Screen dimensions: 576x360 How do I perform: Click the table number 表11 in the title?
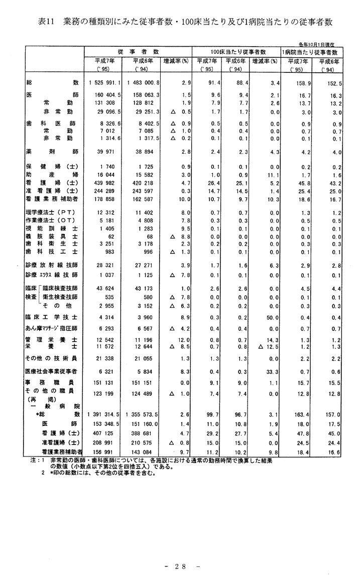pyautogui.click(x=47, y=22)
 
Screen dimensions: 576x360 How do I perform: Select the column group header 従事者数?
pyautogui.click(x=139, y=51)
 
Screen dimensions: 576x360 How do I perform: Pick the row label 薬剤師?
pyautogui.click(x=52, y=151)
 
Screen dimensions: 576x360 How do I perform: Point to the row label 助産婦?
pyautogui.click(x=52, y=175)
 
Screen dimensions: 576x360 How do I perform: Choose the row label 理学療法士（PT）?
pyautogui.click(x=52, y=213)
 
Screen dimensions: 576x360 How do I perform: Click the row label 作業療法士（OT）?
pyautogui.click(x=52, y=222)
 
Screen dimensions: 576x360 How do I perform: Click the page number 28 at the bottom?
pyautogui.click(x=180, y=566)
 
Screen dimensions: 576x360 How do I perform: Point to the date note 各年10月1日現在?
pyautogui.click(x=317, y=44)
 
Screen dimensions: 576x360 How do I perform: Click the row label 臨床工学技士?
pyautogui.click(x=52, y=317)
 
